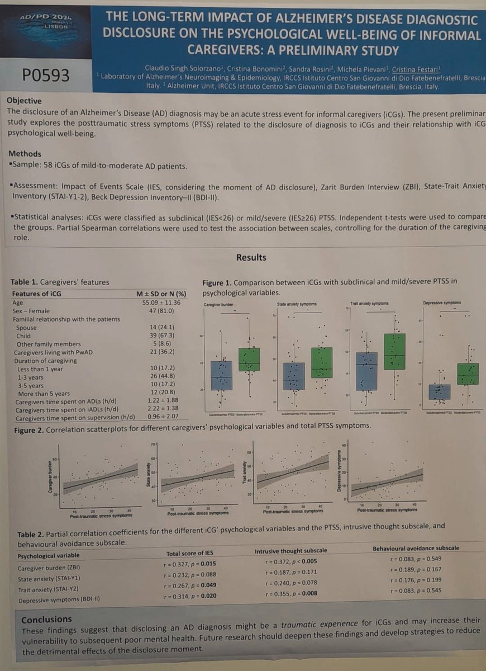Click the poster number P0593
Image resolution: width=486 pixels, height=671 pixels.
[46, 75]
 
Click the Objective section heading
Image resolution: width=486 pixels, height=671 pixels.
[24, 101]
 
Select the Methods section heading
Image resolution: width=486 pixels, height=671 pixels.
[25, 154]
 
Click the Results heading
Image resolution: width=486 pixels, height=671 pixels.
[251, 258]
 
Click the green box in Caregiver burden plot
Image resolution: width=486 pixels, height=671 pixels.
[249, 359]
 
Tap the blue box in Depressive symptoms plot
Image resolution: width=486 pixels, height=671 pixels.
[440, 391]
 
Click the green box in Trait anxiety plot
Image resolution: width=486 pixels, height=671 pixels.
[394, 351]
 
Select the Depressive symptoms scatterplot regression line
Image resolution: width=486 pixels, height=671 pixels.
[385, 483]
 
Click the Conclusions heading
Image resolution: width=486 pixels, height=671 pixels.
[46, 619]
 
